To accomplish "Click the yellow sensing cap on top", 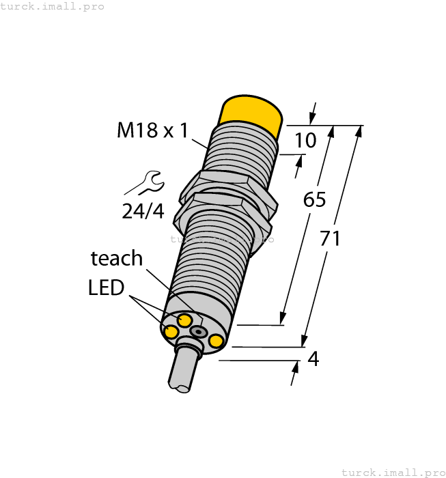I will tap(252, 113).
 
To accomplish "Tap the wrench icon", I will tap(145, 183).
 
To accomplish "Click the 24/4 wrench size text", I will tap(143, 212).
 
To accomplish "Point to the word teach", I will tap(117, 258).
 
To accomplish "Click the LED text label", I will tap(106, 287).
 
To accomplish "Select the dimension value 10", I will tap(305, 141).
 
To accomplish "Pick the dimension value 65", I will tap(314, 200).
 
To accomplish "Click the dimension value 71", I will tap(331, 239).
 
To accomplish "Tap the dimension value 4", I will tap(314, 358).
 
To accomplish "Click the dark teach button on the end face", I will tap(198, 331).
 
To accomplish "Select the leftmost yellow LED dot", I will tap(169, 331).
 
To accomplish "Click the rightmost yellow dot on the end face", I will tap(217, 341).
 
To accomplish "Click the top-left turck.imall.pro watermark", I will tap(53, 6).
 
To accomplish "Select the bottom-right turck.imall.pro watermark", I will tap(392, 472).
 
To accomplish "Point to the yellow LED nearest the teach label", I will tap(184, 320).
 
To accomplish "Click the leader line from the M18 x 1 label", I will tap(199, 143).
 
